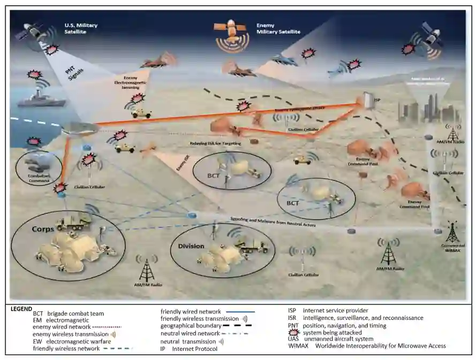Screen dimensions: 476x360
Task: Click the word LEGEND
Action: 21,309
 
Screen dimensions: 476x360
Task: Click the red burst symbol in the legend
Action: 294,333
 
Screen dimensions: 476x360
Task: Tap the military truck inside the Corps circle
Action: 73,220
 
